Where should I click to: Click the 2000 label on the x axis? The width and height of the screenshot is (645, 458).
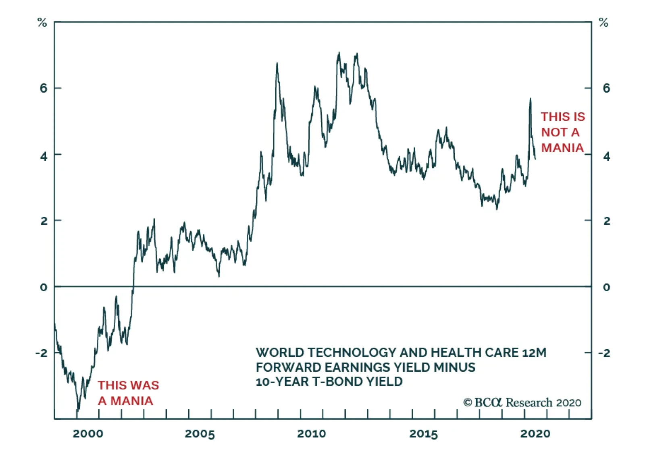pos(88,434)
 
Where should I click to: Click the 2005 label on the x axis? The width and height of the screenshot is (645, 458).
pos(200,434)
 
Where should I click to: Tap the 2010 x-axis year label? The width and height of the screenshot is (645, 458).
pos(312,434)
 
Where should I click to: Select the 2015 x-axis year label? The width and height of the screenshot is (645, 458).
pos(423,434)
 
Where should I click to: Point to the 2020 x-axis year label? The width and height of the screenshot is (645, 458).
pos(535,434)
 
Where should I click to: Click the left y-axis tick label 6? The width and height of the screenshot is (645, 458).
pos(44,88)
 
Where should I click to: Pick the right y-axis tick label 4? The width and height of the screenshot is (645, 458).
pos(606,156)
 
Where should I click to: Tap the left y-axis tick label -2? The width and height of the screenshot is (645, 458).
pos(42,353)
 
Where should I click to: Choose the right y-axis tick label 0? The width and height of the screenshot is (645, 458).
pos(606,287)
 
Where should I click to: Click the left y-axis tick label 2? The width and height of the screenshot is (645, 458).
pos(44,221)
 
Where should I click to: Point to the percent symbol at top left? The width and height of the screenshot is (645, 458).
pos(42,23)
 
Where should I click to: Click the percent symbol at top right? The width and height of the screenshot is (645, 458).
pos(603,23)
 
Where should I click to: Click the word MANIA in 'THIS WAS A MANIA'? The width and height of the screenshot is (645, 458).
pos(132,401)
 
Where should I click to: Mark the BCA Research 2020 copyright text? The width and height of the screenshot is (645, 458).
pos(522,402)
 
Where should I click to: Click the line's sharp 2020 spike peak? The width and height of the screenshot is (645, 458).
pos(530,98)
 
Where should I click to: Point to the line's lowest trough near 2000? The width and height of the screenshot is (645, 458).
pos(77,412)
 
